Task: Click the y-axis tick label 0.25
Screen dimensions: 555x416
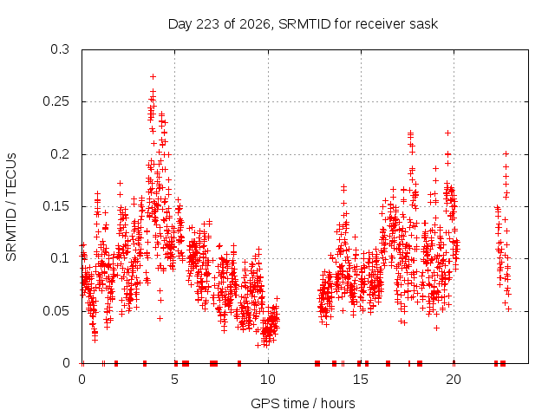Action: pos(55,102)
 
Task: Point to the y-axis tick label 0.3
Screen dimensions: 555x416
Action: pos(60,49)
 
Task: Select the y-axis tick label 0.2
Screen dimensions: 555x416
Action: pos(60,154)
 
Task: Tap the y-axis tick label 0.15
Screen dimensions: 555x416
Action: pos(55,206)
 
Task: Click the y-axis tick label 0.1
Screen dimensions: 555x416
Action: pos(60,258)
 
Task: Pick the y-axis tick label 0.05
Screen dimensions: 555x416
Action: pos(55,311)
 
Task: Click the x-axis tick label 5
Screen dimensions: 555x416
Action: pos(174,380)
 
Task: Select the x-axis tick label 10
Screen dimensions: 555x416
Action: pos(268,380)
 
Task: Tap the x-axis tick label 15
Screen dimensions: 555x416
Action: pos(361,380)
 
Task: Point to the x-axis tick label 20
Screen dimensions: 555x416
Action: pos(454,380)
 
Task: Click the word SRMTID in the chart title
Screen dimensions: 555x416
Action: pos(304,24)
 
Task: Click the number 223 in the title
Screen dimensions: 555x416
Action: pos(208,24)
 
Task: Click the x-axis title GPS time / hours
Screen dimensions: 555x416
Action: pos(303,403)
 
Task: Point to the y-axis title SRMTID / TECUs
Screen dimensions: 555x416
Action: pos(11,207)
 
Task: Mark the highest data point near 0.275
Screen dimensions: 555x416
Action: pos(153,76)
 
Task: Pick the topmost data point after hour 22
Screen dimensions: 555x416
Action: pos(506,154)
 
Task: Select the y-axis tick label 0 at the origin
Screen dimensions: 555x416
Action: pos(66,363)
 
